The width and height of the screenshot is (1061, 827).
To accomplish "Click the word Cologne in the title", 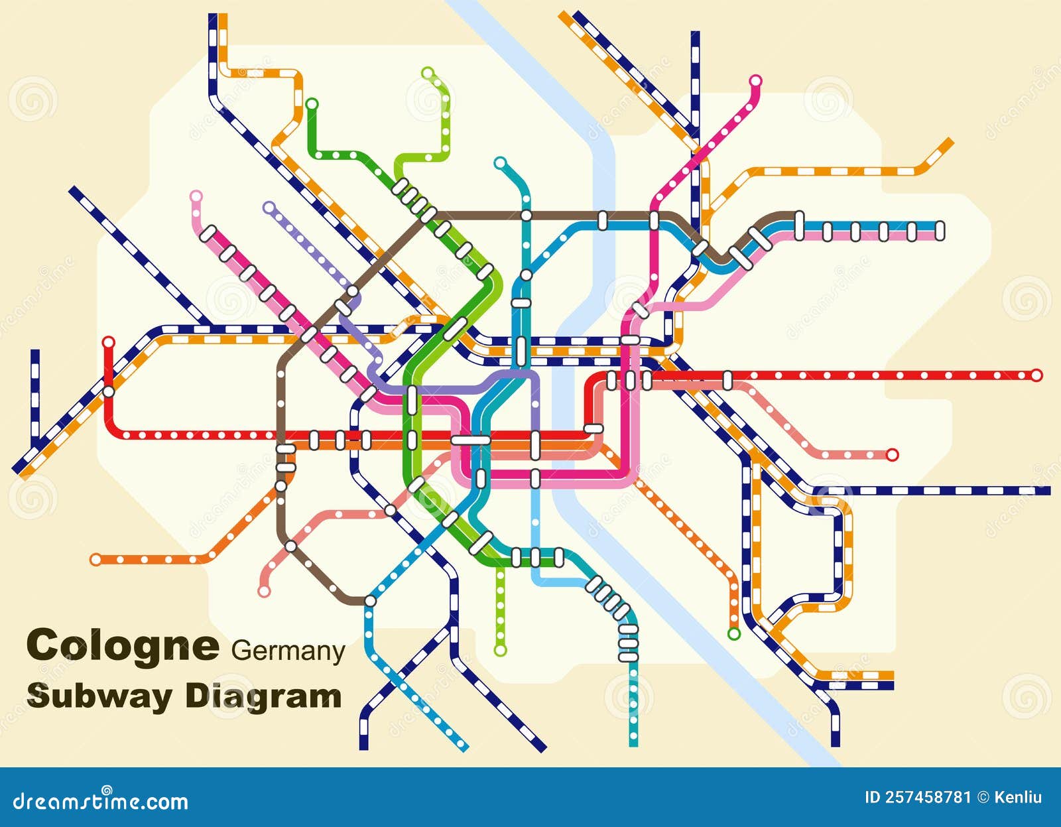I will point(122,645).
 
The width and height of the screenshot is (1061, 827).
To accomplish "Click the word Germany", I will point(288,651).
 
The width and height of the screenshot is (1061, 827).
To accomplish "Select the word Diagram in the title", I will point(263,696).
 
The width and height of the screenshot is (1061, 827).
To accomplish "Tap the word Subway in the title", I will point(99,696).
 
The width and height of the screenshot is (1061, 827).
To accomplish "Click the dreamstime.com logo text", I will point(101,801).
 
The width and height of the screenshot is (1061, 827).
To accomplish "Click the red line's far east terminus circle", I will point(1036,375).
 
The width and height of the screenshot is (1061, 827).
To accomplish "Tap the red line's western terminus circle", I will point(108,342).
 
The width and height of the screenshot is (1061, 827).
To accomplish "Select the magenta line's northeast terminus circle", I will point(755,81).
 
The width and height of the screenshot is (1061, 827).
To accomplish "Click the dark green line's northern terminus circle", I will point(312,103).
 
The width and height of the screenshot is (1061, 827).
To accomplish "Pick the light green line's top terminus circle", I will point(428,72).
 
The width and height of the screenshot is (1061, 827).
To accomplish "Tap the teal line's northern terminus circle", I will point(500,162).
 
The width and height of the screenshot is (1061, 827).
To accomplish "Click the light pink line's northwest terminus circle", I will point(196,196).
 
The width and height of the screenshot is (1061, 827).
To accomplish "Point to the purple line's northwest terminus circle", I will point(269,207).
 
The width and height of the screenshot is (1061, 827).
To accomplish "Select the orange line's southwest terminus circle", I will point(96,560).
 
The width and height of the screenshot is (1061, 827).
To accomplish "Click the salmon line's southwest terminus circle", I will point(264,591).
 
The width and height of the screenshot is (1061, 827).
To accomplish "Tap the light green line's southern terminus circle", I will point(500,650).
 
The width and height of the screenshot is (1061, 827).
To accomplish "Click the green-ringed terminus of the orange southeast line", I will point(733,633).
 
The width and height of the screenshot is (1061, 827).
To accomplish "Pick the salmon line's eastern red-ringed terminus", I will point(892,454).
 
